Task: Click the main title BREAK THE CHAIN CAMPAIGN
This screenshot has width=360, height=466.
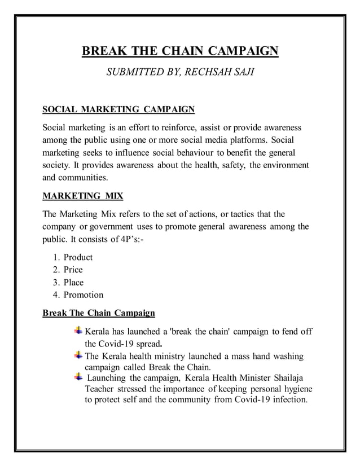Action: point(180,54)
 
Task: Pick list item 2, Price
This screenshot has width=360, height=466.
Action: point(73,270)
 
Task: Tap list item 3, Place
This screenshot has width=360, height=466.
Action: point(73,282)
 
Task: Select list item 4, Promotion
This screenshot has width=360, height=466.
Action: point(83,294)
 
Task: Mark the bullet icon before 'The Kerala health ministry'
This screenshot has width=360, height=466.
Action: point(78,356)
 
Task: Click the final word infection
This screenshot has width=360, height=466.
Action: point(287,401)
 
